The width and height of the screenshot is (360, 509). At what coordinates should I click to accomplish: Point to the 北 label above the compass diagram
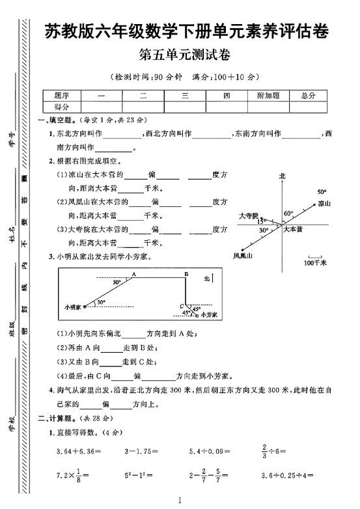282,176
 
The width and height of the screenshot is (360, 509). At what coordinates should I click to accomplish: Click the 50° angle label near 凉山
321,192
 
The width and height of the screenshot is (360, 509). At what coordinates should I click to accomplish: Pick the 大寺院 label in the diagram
249,215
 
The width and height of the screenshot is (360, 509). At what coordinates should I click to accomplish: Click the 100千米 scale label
314,263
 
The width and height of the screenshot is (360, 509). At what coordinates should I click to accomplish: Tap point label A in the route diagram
133,275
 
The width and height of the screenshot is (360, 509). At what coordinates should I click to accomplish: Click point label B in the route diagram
186,275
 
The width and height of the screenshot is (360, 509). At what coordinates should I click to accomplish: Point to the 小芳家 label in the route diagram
206,314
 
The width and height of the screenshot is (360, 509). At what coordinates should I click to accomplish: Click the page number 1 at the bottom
178,500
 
